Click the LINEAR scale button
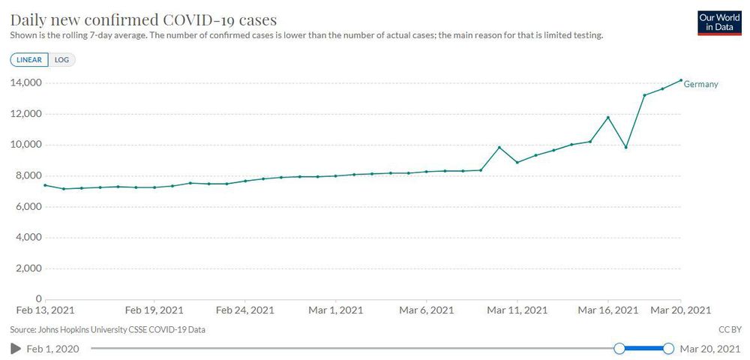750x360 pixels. tap(29, 59)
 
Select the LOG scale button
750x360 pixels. tap(61, 59)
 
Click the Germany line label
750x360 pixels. tap(700, 84)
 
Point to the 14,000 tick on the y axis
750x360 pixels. tap(24, 82)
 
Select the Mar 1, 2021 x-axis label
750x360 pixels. tap(336, 310)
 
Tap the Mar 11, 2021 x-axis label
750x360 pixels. tap(517, 310)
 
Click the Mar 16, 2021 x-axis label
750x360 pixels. tap(607, 310)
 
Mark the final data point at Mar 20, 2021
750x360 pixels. tap(680, 80)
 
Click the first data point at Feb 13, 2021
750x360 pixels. tap(45, 185)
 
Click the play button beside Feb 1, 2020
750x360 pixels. tap(15, 348)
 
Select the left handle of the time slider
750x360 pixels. tap(619, 348)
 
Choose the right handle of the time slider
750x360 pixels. tap(668, 348)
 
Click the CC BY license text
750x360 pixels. tap(729, 329)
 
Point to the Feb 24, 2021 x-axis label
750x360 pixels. tap(244, 310)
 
